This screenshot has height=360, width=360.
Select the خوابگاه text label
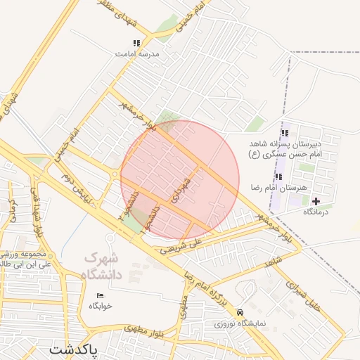[x=100, y=306]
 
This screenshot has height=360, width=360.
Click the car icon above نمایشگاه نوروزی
[x=241, y=312]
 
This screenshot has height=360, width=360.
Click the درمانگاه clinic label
[x=316, y=211]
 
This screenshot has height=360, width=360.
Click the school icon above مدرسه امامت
[x=136, y=44]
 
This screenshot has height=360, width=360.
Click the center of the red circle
[x=180, y=180]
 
